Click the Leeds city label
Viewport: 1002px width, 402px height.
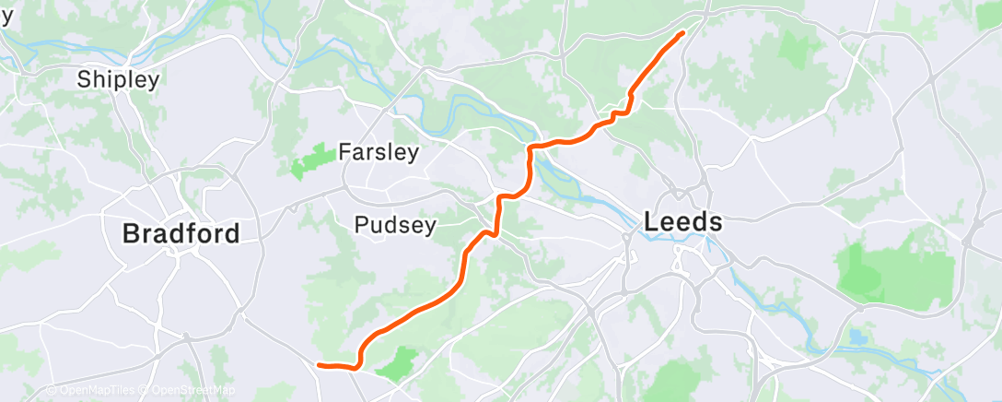click(682, 222)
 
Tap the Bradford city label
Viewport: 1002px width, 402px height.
click(181, 233)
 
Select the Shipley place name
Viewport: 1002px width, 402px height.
click(118, 79)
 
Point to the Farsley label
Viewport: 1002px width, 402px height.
click(379, 151)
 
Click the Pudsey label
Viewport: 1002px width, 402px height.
click(395, 224)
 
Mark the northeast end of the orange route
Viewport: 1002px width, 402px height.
click(683, 33)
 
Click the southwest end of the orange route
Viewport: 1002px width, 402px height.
click(319, 365)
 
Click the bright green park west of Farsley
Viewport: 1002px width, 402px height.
click(311, 160)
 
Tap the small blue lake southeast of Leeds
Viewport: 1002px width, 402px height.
click(858, 337)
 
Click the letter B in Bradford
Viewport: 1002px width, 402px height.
click(132, 233)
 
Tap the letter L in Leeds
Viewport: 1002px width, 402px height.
click(652, 222)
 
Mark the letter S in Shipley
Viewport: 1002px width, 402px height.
click(84, 79)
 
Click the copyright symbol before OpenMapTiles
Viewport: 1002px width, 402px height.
click(52, 391)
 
